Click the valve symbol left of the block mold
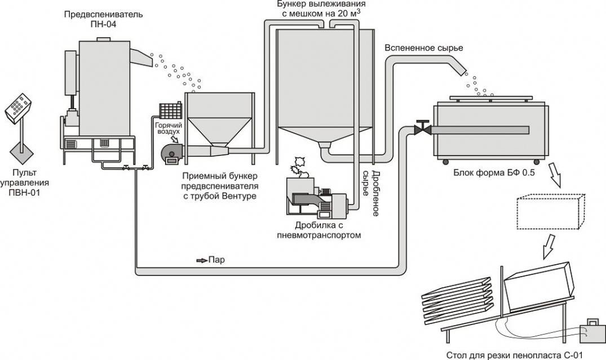[421, 128]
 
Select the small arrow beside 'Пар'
[201, 260]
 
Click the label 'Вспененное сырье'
[424, 48]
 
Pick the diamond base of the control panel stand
[23, 152]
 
